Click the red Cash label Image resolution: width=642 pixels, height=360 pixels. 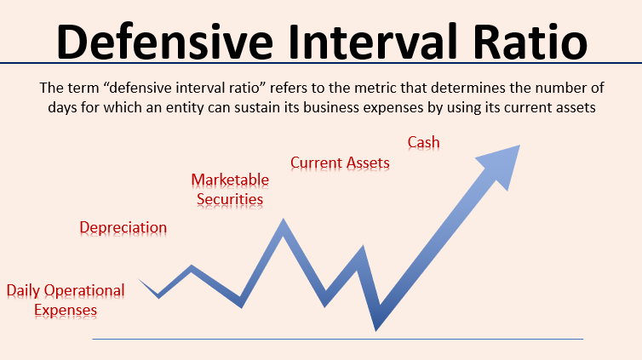[423, 142]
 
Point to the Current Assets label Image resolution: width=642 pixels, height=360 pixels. [340, 162]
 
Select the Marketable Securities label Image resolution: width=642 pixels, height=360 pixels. [230, 189]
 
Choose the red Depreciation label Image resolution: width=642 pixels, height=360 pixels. [123, 227]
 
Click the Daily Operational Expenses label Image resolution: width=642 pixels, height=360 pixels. [66, 300]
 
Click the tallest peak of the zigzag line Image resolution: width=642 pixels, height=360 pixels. [283, 224]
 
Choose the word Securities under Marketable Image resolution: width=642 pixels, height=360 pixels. [230, 199]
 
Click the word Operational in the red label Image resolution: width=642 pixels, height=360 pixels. [84, 290]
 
